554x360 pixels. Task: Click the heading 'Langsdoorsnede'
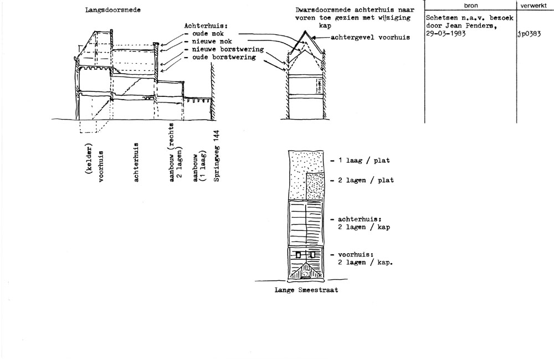[112, 10]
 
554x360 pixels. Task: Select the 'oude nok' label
[208, 34]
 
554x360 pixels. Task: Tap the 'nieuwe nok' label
[212, 42]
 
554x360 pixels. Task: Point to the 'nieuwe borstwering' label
[228, 49]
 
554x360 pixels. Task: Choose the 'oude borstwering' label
[224, 57]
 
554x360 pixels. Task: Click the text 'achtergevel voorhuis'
[370, 37]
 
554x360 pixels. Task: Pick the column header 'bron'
[470, 6]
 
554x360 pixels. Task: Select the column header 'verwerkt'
[533, 6]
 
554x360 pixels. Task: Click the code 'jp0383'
[529, 34]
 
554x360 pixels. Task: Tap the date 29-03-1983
[446, 34]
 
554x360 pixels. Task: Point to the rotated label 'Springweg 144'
[217, 156]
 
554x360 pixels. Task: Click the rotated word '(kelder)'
[88, 158]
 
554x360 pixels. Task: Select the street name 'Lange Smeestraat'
[306, 290]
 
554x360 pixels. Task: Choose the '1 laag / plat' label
[364, 161]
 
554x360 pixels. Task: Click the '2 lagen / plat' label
[366, 180]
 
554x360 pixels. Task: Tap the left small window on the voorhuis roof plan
[299, 255]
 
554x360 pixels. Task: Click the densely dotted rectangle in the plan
[315, 186]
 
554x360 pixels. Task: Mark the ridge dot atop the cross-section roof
[305, 32]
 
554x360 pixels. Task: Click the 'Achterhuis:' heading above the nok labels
[206, 26]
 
